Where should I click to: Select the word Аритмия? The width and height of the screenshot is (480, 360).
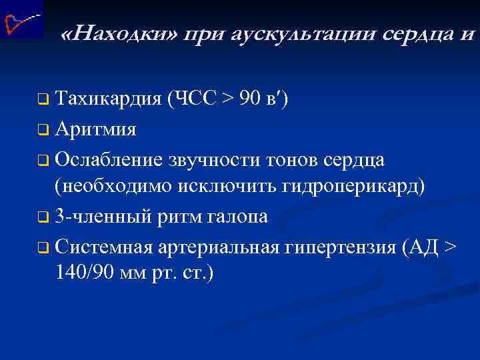click(x=96, y=129)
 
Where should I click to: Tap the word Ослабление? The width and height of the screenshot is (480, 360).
click(x=111, y=159)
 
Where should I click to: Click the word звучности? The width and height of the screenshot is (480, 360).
click(x=217, y=159)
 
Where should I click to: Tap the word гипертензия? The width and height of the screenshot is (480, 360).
click(x=341, y=246)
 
